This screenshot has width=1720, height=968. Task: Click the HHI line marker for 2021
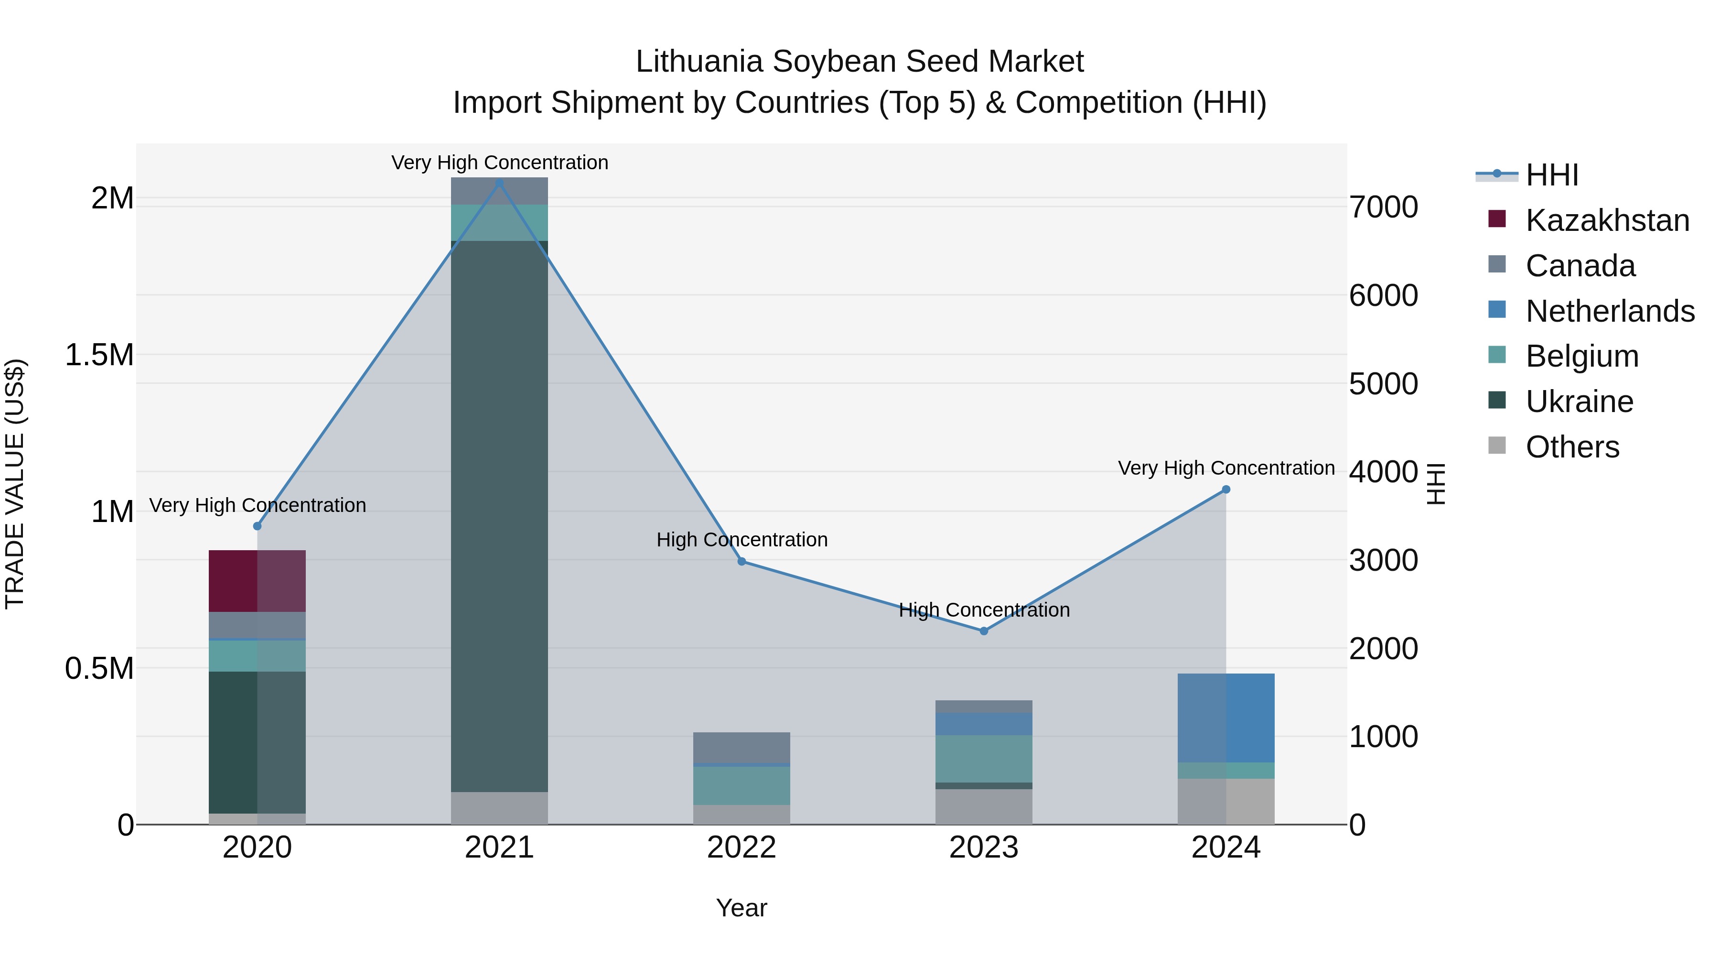(x=499, y=183)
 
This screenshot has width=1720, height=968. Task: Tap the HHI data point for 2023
(x=984, y=631)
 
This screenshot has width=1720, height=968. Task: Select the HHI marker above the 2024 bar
(x=1226, y=489)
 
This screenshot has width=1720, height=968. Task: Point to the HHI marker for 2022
(x=742, y=561)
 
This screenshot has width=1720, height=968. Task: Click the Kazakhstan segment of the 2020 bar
(x=257, y=580)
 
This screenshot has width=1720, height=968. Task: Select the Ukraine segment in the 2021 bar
(x=499, y=516)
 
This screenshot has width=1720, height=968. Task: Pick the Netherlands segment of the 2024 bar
(x=1226, y=718)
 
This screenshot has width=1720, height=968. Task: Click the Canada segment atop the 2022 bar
(x=742, y=747)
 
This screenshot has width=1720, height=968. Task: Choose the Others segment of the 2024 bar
(x=1226, y=801)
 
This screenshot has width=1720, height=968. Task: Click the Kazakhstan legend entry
(x=1607, y=220)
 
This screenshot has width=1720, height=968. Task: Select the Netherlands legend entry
(x=1610, y=311)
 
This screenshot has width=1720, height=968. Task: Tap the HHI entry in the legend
(x=1552, y=175)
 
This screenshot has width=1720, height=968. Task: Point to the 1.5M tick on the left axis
(x=99, y=355)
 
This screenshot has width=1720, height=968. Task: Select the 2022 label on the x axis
(x=742, y=848)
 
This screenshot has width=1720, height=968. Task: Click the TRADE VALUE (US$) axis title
(x=15, y=484)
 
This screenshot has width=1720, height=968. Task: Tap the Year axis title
(x=742, y=908)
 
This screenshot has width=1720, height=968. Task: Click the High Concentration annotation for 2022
(x=742, y=539)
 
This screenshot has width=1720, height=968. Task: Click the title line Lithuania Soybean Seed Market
(x=860, y=62)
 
